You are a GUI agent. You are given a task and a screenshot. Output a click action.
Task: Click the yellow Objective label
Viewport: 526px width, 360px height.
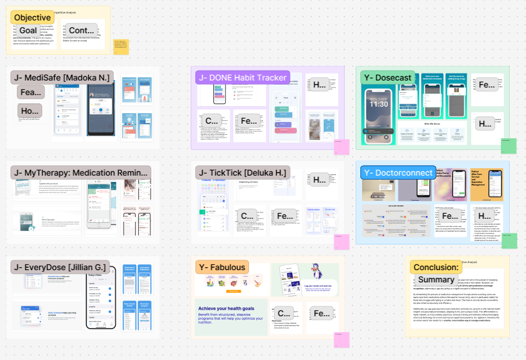click(x=32, y=18)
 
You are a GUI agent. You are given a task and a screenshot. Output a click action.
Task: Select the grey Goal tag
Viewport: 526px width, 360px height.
click(x=28, y=30)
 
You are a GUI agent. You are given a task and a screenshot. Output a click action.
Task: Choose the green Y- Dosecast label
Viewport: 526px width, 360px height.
click(x=388, y=78)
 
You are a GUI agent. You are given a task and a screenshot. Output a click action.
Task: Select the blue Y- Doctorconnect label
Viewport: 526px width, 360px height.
click(x=398, y=173)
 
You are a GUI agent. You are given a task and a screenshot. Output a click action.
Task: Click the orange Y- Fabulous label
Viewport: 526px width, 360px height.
click(x=222, y=267)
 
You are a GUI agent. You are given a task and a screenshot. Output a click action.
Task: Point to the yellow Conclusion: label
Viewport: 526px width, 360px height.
click(x=436, y=267)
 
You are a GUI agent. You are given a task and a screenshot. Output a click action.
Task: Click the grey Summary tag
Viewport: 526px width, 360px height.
click(x=436, y=280)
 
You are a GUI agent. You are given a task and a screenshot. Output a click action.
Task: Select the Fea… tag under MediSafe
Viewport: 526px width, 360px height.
click(x=30, y=92)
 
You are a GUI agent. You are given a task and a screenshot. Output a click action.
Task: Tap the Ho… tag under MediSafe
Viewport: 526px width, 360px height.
click(x=29, y=110)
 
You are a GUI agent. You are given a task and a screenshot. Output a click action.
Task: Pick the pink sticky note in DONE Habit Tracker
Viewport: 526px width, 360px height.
click(x=341, y=146)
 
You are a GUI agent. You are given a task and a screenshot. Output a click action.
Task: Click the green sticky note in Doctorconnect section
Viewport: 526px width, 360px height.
click(x=509, y=240)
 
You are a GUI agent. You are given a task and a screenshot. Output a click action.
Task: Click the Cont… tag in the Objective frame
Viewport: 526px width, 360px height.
click(x=81, y=30)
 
